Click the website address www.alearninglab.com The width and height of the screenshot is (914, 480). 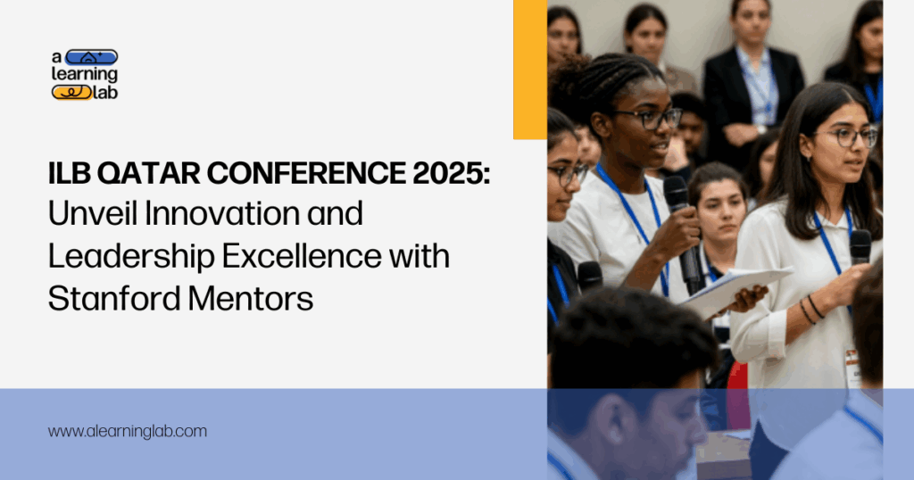[128, 431]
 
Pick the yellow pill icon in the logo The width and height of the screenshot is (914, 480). [71, 92]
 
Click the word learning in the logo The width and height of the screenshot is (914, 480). [85, 75]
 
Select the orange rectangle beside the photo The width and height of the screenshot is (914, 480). [529, 69]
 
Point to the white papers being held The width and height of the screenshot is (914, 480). [722, 288]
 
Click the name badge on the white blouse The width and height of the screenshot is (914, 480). [853, 367]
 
